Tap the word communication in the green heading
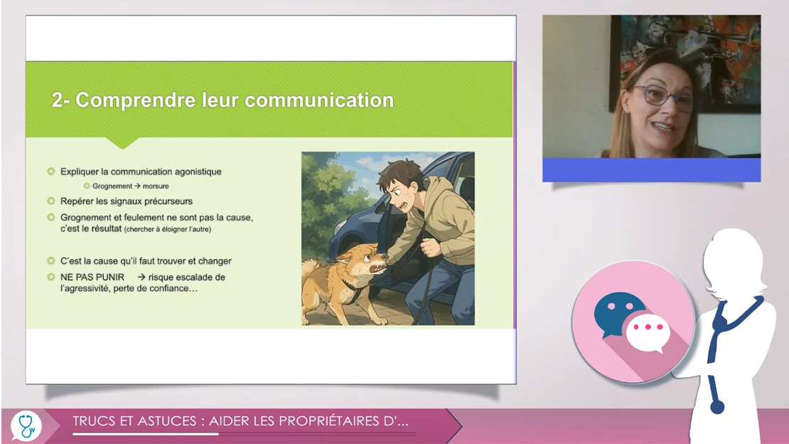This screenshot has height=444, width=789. (319, 100)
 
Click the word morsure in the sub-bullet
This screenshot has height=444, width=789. (156, 186)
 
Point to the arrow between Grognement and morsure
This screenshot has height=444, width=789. (137, 186)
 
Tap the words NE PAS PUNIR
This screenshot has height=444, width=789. (92, 277)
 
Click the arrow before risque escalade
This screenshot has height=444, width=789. (141, 277)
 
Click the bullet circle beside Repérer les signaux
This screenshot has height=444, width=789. (50, 201)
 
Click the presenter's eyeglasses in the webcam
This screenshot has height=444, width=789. (662, 97)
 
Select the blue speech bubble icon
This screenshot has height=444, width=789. (618, 313)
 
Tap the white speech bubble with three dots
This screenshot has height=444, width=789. (648, 332)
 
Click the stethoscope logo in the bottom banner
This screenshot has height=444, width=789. (26, 426)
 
